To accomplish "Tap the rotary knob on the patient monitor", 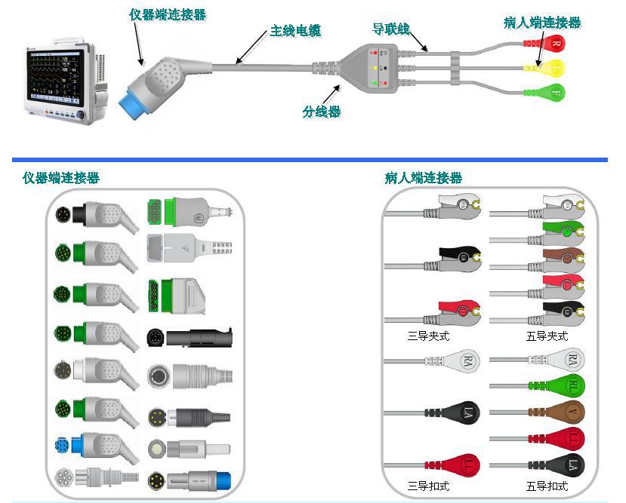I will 81,115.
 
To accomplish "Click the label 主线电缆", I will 296,32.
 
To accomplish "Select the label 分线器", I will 322,112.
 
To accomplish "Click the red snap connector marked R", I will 554,44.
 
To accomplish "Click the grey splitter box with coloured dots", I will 370,68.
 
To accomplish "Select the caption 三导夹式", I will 428,336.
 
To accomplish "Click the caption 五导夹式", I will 547,336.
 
